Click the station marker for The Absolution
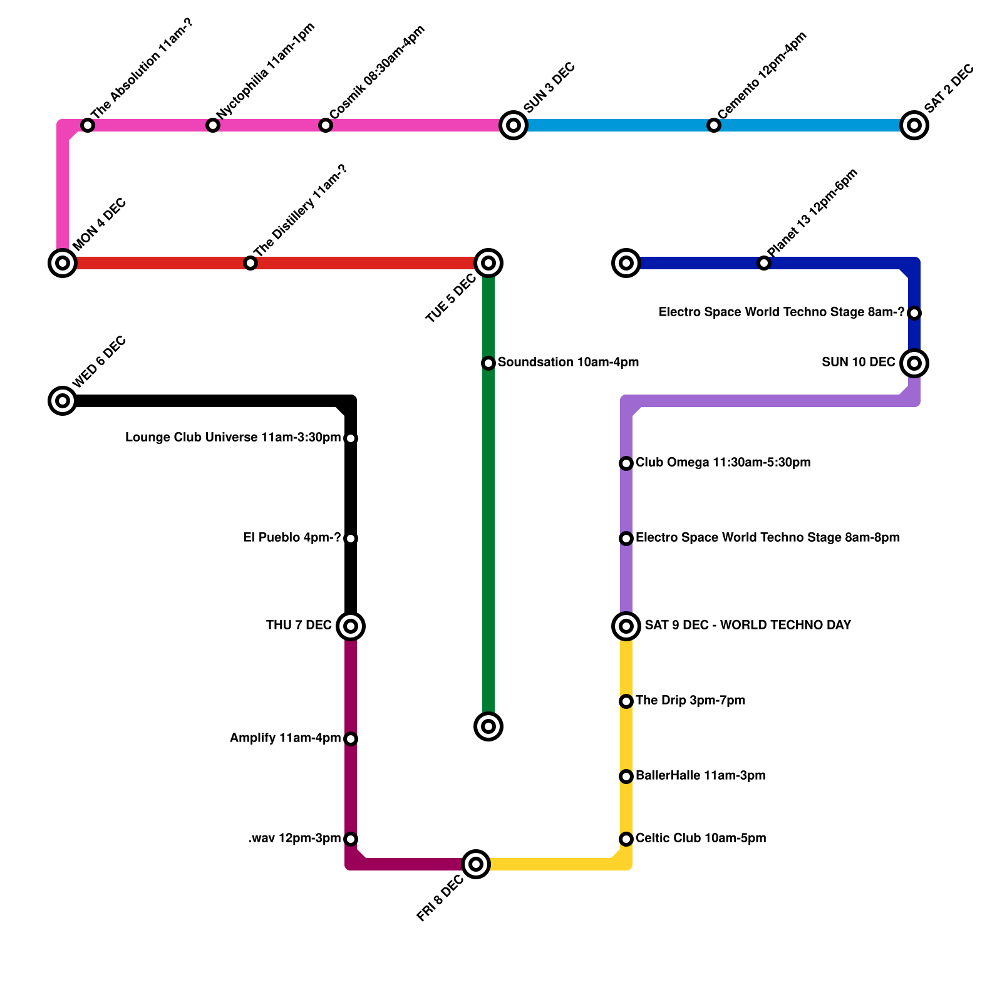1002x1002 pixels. click(x=88, y=125)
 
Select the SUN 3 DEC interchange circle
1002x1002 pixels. click(x=514, y=125)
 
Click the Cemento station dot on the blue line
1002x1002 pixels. click(x=714, y=125)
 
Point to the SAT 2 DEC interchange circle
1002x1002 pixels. click(x=914, y=125)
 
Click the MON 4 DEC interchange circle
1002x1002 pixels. click(x=63, y=263)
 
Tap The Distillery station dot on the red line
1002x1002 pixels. click(x=250, y=263)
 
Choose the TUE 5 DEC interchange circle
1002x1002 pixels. click(x=488, y=263)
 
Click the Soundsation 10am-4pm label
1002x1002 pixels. click(x=568, y=363)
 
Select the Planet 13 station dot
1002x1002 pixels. click(x=764, y=263)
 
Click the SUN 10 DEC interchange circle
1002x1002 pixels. click(x=914, y=363)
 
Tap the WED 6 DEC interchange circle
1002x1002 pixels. click(x=63, y=401)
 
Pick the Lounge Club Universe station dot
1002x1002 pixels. click(x=351, y=438)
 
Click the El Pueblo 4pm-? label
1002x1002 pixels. click(x=292, y=538)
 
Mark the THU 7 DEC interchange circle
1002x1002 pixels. click(x=351, y=626)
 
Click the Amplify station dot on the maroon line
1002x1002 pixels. click(x=351, y=739)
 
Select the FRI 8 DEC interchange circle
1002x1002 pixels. click(x=476, y=864)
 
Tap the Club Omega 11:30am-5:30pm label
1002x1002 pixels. click(x=723, y=463)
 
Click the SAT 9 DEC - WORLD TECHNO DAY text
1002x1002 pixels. click(x=748, y=625)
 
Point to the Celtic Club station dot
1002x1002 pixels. click(x=626, y=839)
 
